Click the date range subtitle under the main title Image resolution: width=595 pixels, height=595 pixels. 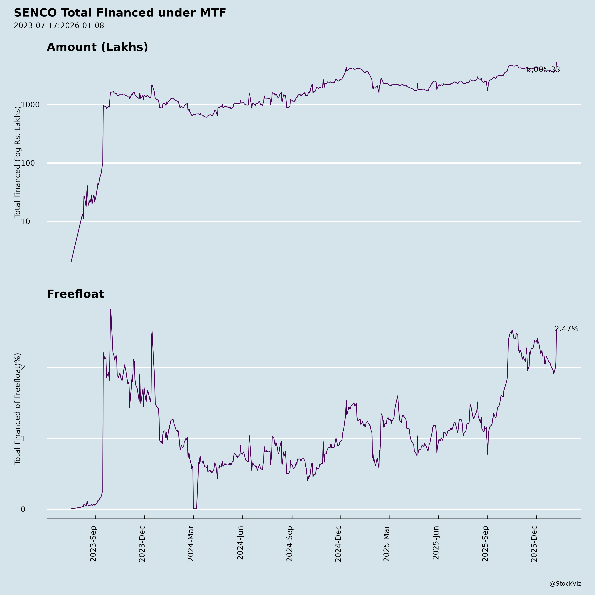point(59,26)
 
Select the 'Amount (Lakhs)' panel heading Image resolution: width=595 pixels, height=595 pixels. point(97,47)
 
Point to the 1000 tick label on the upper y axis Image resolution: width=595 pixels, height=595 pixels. point(30,105)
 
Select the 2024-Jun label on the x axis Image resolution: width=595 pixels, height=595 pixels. point(240,544)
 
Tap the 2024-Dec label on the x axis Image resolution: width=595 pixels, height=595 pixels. point(338,544)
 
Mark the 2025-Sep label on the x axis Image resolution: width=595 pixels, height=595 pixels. point(485,544)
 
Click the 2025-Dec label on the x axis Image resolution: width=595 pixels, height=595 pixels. point(534,544)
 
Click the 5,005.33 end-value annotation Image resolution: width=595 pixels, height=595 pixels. point(543,70)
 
